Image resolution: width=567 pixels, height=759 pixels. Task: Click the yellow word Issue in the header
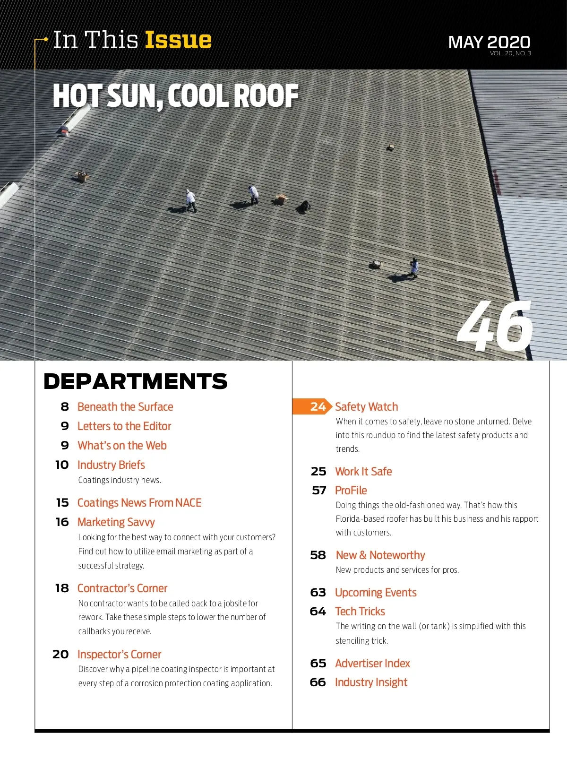(178, 40)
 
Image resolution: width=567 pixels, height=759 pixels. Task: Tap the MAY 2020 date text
(489, 42)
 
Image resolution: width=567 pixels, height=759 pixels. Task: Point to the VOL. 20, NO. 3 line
(510, 53)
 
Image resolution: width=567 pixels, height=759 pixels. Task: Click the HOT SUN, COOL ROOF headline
(175, 96)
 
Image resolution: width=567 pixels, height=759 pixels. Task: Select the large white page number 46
(495, 327)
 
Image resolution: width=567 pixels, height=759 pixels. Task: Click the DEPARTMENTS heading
(135, 381)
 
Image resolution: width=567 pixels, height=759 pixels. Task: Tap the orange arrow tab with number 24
(312, 407)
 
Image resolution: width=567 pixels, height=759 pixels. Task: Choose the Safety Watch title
(366, 407)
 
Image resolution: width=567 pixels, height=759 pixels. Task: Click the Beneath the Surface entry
(125, 407)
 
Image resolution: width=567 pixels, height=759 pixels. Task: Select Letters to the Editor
(124, 426)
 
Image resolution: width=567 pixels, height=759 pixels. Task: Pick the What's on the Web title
(122, 446)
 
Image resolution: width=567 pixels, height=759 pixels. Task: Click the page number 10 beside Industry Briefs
(62, 465)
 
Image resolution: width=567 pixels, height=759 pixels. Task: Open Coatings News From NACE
(139, 503)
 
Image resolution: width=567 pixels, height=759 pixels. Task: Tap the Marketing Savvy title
(116, 522)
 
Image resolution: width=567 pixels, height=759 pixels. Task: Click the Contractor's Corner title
(122, 588)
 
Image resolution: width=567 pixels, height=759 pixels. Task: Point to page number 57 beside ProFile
(319, 491)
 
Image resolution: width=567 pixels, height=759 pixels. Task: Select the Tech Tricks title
(360, 612)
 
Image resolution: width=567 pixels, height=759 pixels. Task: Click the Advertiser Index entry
(372, 664)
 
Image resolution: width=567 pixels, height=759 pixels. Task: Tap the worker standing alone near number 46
(414, 267)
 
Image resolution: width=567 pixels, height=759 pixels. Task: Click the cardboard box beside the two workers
(281, 199)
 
